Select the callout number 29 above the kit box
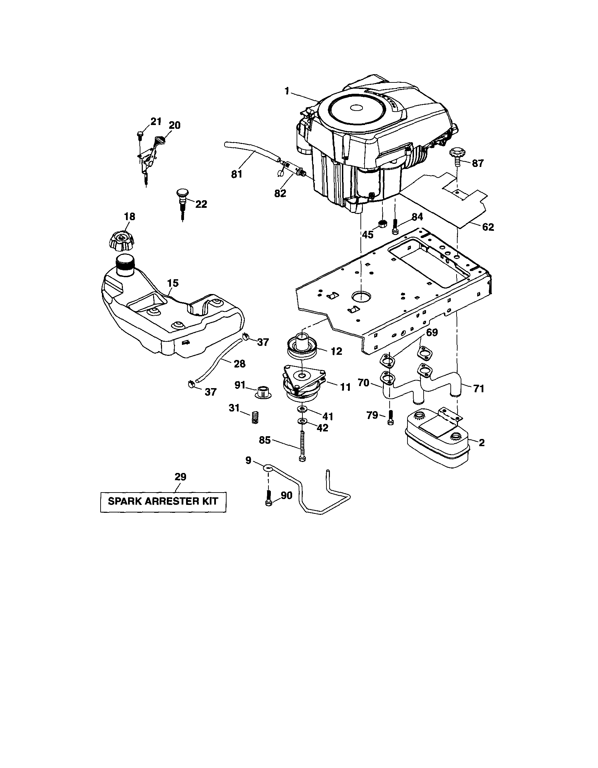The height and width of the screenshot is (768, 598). pos(180,477)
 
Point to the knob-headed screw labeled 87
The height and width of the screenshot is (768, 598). pos(456,156)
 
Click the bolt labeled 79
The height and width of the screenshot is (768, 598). pos(390,418)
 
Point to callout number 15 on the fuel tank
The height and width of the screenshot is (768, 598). pos(173,283)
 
